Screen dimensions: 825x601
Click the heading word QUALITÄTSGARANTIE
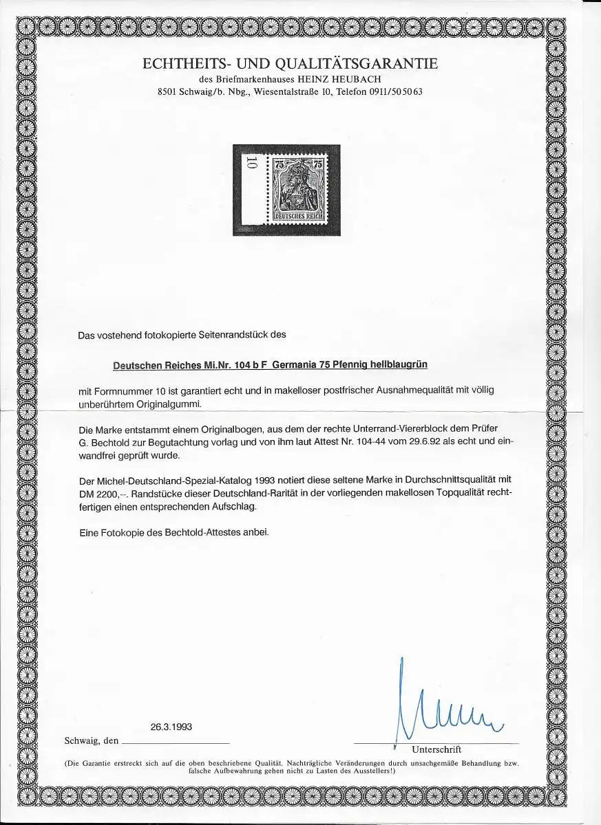coord(357,64)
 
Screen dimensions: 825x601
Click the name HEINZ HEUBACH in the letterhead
coord(355,78)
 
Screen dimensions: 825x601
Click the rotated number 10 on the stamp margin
coord(251,162)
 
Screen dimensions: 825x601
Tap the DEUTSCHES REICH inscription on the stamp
coord(299,216)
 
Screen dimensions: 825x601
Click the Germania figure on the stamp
coord(299,186)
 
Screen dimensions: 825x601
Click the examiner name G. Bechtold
coord(109,441)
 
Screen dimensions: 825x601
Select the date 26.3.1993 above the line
coord(171,727)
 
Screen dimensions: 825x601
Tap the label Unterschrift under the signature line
coord(436,749)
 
